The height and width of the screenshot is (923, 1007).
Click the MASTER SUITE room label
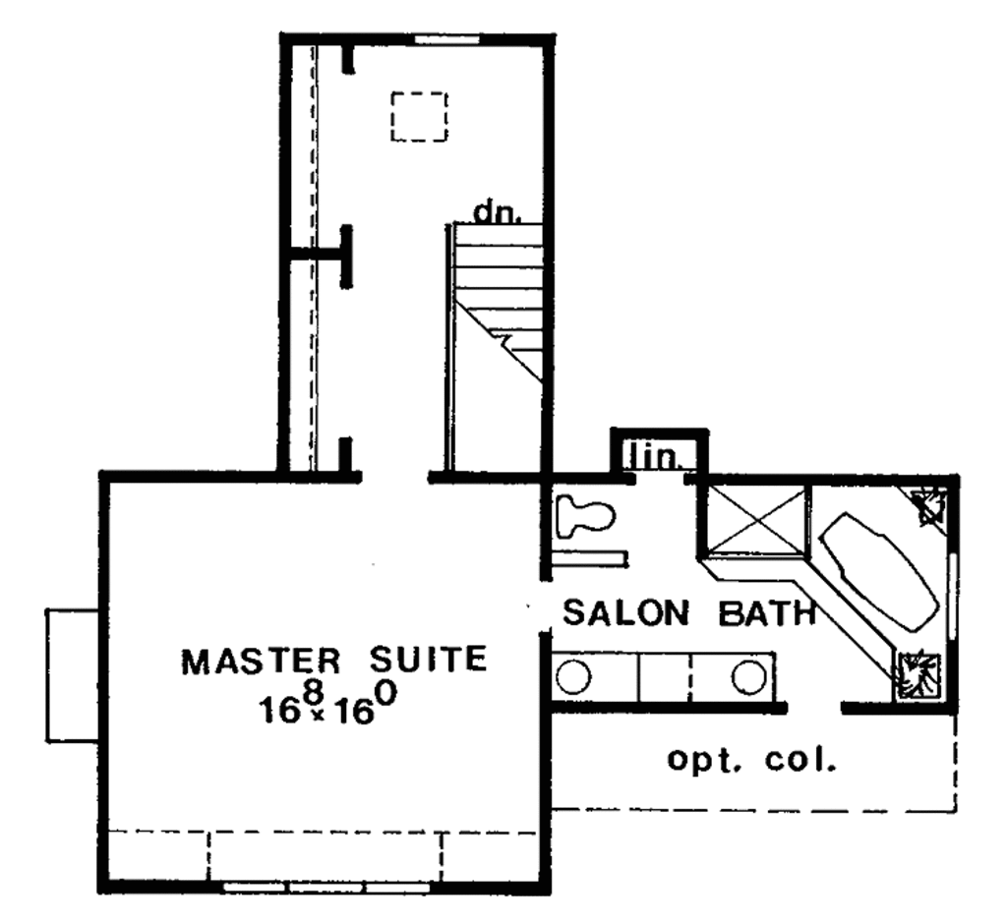(x=334, y=659)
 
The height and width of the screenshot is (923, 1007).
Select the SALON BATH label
(x=689, y=613)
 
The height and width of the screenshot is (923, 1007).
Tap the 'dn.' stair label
(x=496, y=211)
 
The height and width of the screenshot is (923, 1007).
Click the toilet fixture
(x=583, y=516)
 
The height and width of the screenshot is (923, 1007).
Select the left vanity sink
(x=572, y=676)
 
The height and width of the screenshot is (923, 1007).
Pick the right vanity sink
(x=748, y=676)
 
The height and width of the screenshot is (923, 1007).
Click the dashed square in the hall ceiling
(x=419, y=117)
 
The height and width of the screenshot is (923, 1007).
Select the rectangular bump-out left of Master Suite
(x=73, y=674)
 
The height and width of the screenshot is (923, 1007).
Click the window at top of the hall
(x=446, y=39)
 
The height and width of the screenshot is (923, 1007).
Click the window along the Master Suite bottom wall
(x=325, y=887)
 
